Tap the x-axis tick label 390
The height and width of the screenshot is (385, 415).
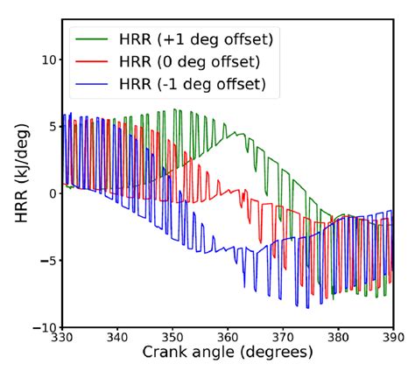click(392, 337)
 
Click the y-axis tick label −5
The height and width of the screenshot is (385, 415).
click(49, 261)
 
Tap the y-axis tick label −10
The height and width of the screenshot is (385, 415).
click(46, 327)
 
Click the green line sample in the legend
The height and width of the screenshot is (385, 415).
click(95, 39)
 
